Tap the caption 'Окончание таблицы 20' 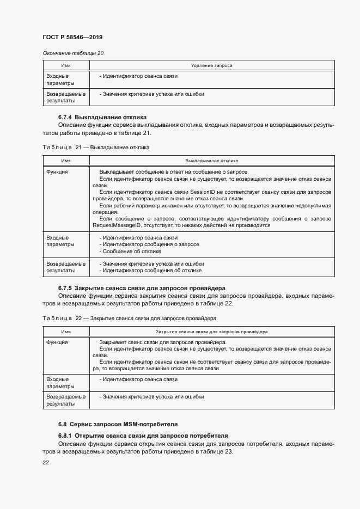coord(73,53)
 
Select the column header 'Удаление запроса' coord(212,65)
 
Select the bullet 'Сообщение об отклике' coord(130,251)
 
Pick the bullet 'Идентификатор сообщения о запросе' coord(149,244)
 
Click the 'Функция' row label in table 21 coord(57,171)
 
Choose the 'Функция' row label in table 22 coord(57,342)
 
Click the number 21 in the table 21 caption coord(78,147)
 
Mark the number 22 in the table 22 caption coord(78,318)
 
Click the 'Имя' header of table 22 coord(66,331)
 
